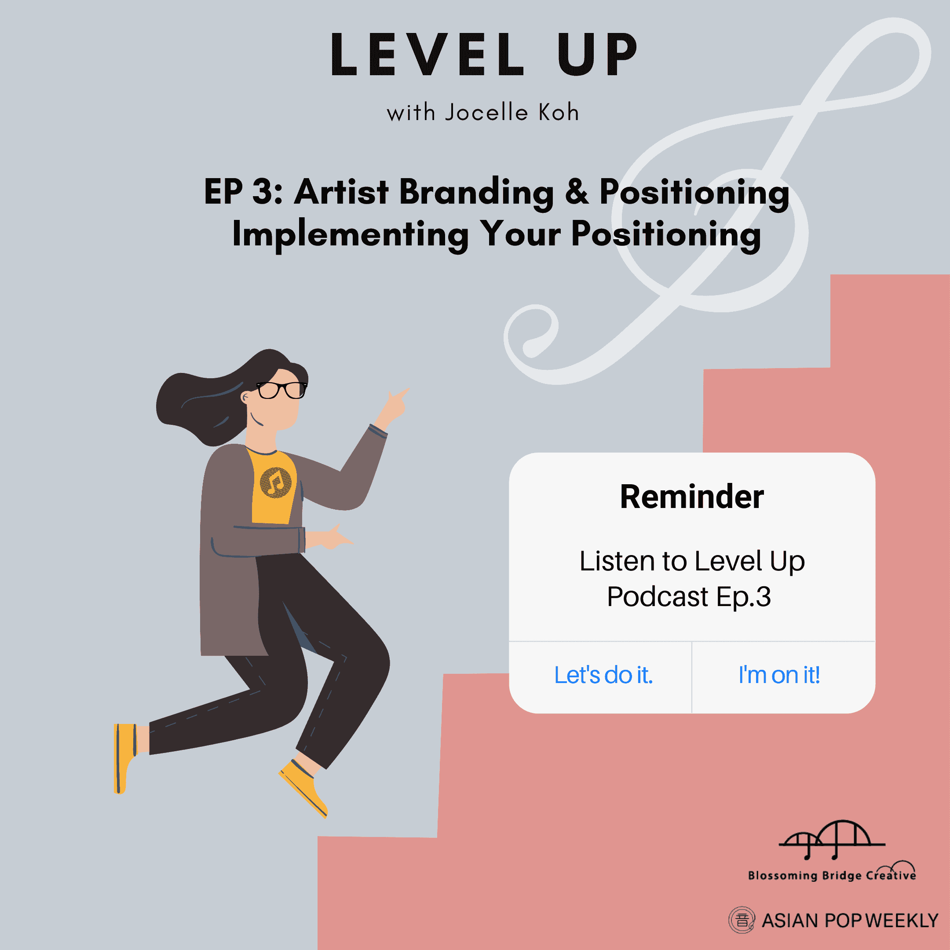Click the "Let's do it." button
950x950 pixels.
[x=603, y=675]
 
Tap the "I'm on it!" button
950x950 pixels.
[x=779, y=675]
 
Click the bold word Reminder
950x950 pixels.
[x=692, y=497]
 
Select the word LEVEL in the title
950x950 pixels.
[x=427, y=55]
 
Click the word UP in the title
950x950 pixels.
[x=597, y=55]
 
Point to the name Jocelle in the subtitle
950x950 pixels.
[x=486, y=112]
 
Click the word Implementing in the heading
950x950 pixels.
[x=351, y=234]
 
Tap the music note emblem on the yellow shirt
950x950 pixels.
[x=275, y=482]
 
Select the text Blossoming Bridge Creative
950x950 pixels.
[x=832, y=876]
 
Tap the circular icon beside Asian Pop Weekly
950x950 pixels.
[x=742, y=920]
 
